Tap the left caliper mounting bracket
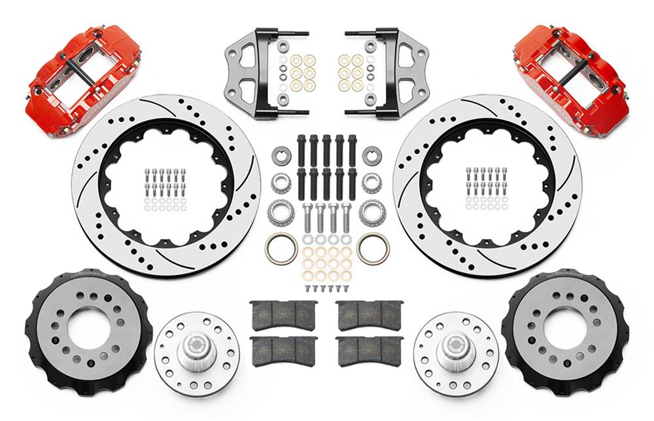(x=255, y=73)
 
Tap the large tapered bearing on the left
(x=281, y=211)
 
